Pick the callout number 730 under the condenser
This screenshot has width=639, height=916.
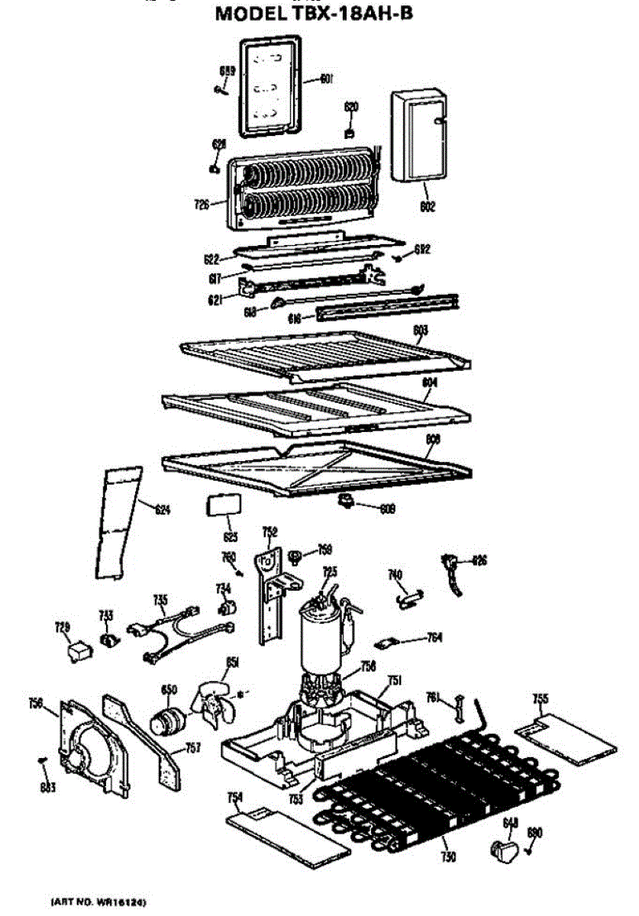[448, 857]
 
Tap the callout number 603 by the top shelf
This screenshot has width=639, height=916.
[421, 331]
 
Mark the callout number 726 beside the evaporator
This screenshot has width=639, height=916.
[201, 204]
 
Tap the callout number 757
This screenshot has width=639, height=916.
[193, 749]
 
